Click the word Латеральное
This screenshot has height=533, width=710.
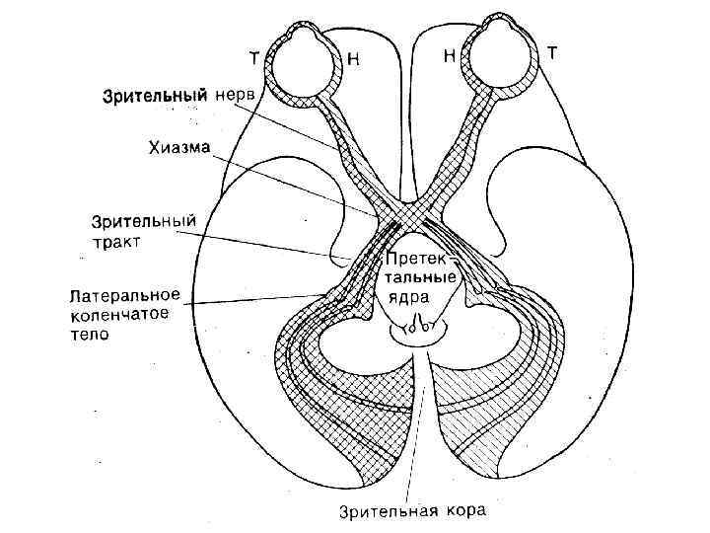(x=124, y=295)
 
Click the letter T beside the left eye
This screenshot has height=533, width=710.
(x=254, y=57)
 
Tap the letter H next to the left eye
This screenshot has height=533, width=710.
(x=353, y=59)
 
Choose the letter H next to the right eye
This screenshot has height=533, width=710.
(x=449, y=57)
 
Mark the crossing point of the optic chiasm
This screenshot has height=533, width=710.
(x=399, y=212)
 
